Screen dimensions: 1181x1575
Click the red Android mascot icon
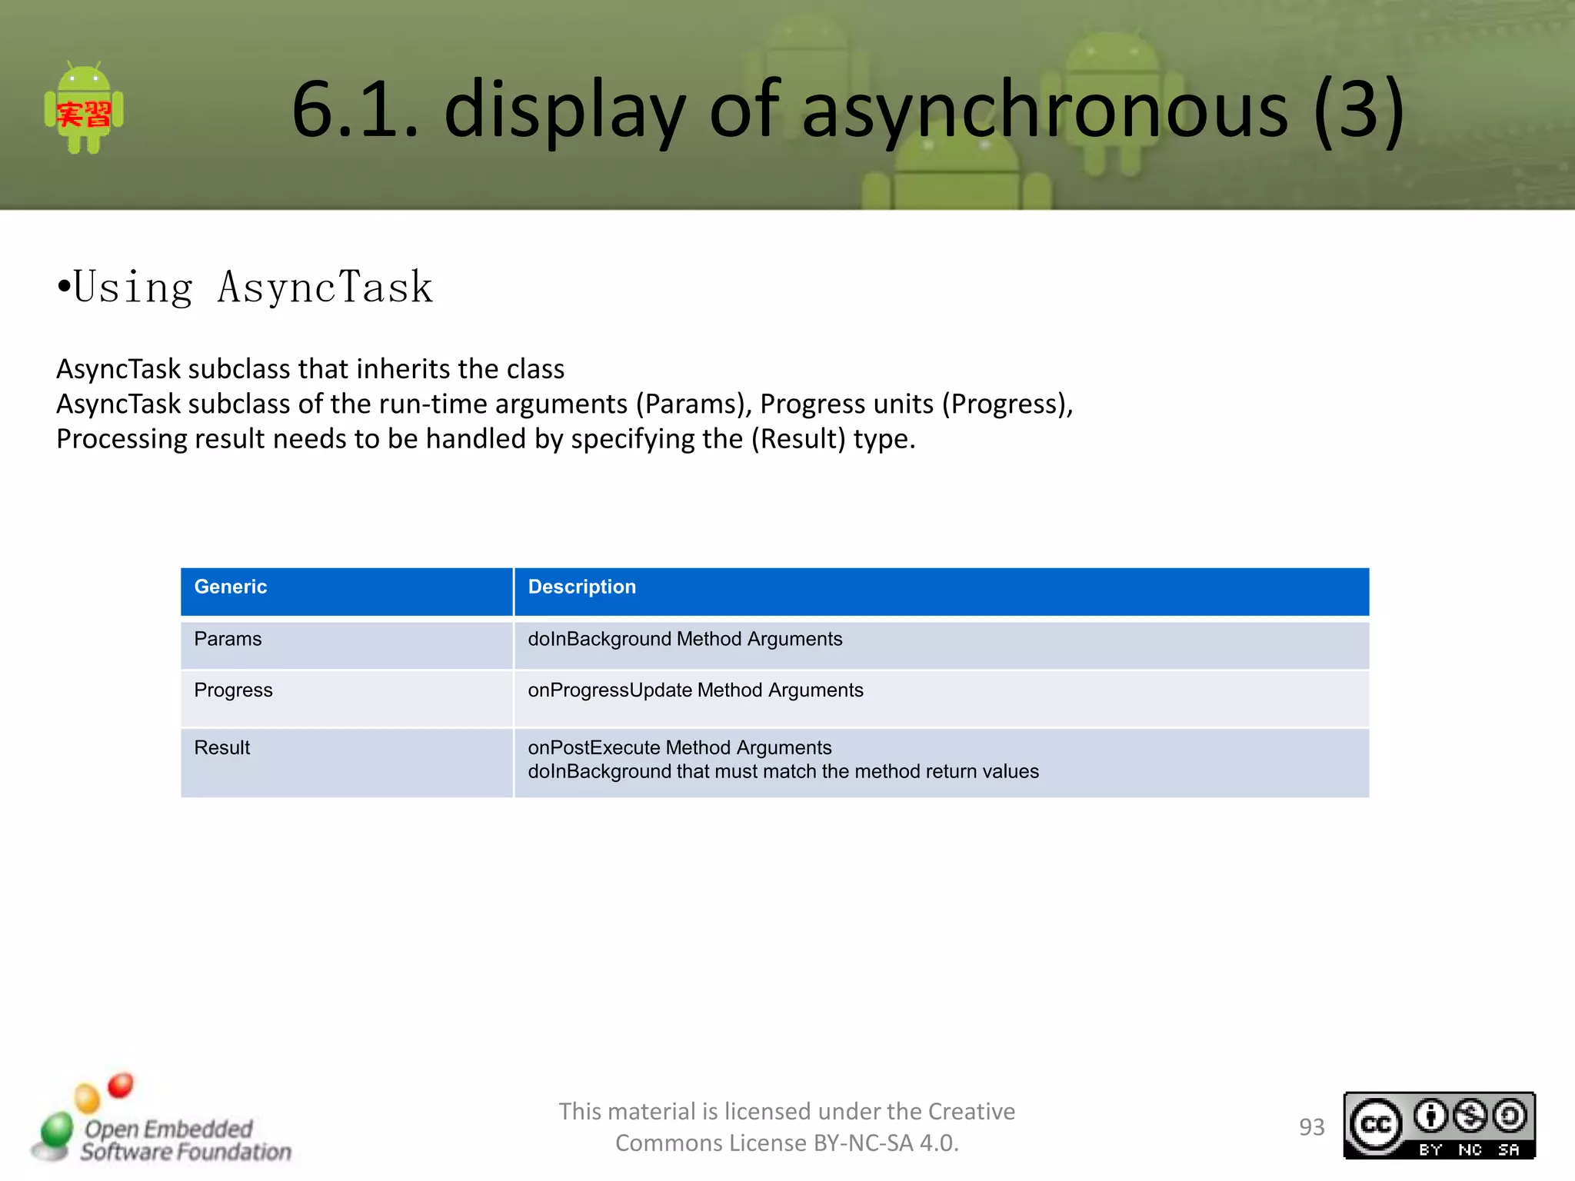point(84,109)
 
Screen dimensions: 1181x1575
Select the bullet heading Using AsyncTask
point(246,288)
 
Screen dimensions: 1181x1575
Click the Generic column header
point(231,587)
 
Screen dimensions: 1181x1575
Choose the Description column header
point(581,587)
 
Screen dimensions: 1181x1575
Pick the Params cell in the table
point(228,639)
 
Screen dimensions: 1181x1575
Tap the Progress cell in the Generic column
point(233,690)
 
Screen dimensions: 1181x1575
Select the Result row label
point(221,747)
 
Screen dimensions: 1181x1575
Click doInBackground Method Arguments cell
point(684,639)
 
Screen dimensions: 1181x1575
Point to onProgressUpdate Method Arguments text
point(695,690)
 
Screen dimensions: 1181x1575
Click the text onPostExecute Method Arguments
point(679,747)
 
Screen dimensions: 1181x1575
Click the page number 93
point(1311,1127)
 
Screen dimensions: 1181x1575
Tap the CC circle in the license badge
point(1376,1125)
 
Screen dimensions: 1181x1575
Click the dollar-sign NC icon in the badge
point(1470,1116)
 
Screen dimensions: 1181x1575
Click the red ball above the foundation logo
point(121,1085)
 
